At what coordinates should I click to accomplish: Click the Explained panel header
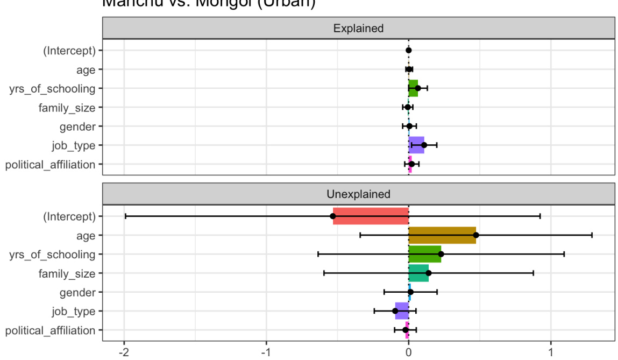358,28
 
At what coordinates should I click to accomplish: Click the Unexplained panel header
358,194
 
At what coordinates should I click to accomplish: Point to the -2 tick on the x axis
124,352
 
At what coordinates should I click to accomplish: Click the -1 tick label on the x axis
266,352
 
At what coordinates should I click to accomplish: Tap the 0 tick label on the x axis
409,352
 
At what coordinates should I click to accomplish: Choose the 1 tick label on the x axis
551,352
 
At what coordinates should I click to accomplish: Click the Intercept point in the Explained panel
409,50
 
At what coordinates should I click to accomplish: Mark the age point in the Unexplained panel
476,235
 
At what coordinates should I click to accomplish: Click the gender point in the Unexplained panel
410,292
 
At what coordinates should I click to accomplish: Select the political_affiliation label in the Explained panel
51,165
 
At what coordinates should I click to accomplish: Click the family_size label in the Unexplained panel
67,273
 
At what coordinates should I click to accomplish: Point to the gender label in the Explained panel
77,126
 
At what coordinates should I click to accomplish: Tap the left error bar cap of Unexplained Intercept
125,216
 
